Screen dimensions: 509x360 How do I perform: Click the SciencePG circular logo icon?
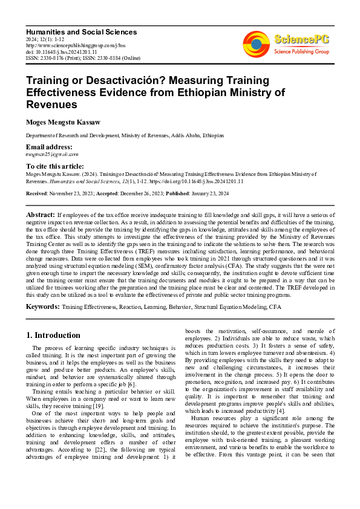(256, 44)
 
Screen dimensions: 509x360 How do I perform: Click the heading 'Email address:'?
(49, 148)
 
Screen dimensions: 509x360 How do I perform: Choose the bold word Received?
(38, 193)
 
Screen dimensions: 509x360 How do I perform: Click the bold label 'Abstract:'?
(41, 215)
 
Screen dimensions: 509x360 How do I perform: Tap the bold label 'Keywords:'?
(42, 307)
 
